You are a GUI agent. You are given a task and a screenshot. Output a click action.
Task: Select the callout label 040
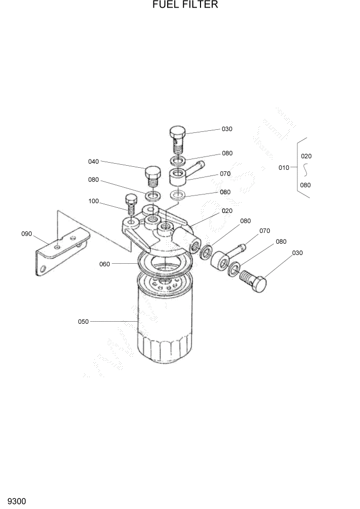pyautogui.click(x=93, y=162)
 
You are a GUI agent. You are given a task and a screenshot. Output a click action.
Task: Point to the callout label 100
pyautogui.click(x=93, y=201)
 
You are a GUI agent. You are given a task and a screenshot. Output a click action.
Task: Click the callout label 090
pyautogui.click(x=27, y=234)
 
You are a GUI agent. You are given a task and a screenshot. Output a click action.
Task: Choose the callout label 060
pyautogui.click(x=105, y=264)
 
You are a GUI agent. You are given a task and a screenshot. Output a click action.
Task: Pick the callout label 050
pyautogui.click(x=83, y=322)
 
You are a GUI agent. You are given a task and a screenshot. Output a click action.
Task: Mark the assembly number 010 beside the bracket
pyautogui.click(x=284, y=167)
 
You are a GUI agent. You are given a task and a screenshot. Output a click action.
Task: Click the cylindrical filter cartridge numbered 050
pyautogui.click(x=164, y=323)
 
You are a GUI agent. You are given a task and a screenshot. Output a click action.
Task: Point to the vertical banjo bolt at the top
pyautogui.click(x=177, y=138)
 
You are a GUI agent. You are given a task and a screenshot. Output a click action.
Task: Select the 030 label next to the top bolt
pyautogui.click(x=227, y=129)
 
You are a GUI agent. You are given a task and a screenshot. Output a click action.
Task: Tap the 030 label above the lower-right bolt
pyautogui.click(x=297, y=252)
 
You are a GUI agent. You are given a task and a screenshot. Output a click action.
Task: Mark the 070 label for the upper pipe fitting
pyautogui.click(x=225, y=173)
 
